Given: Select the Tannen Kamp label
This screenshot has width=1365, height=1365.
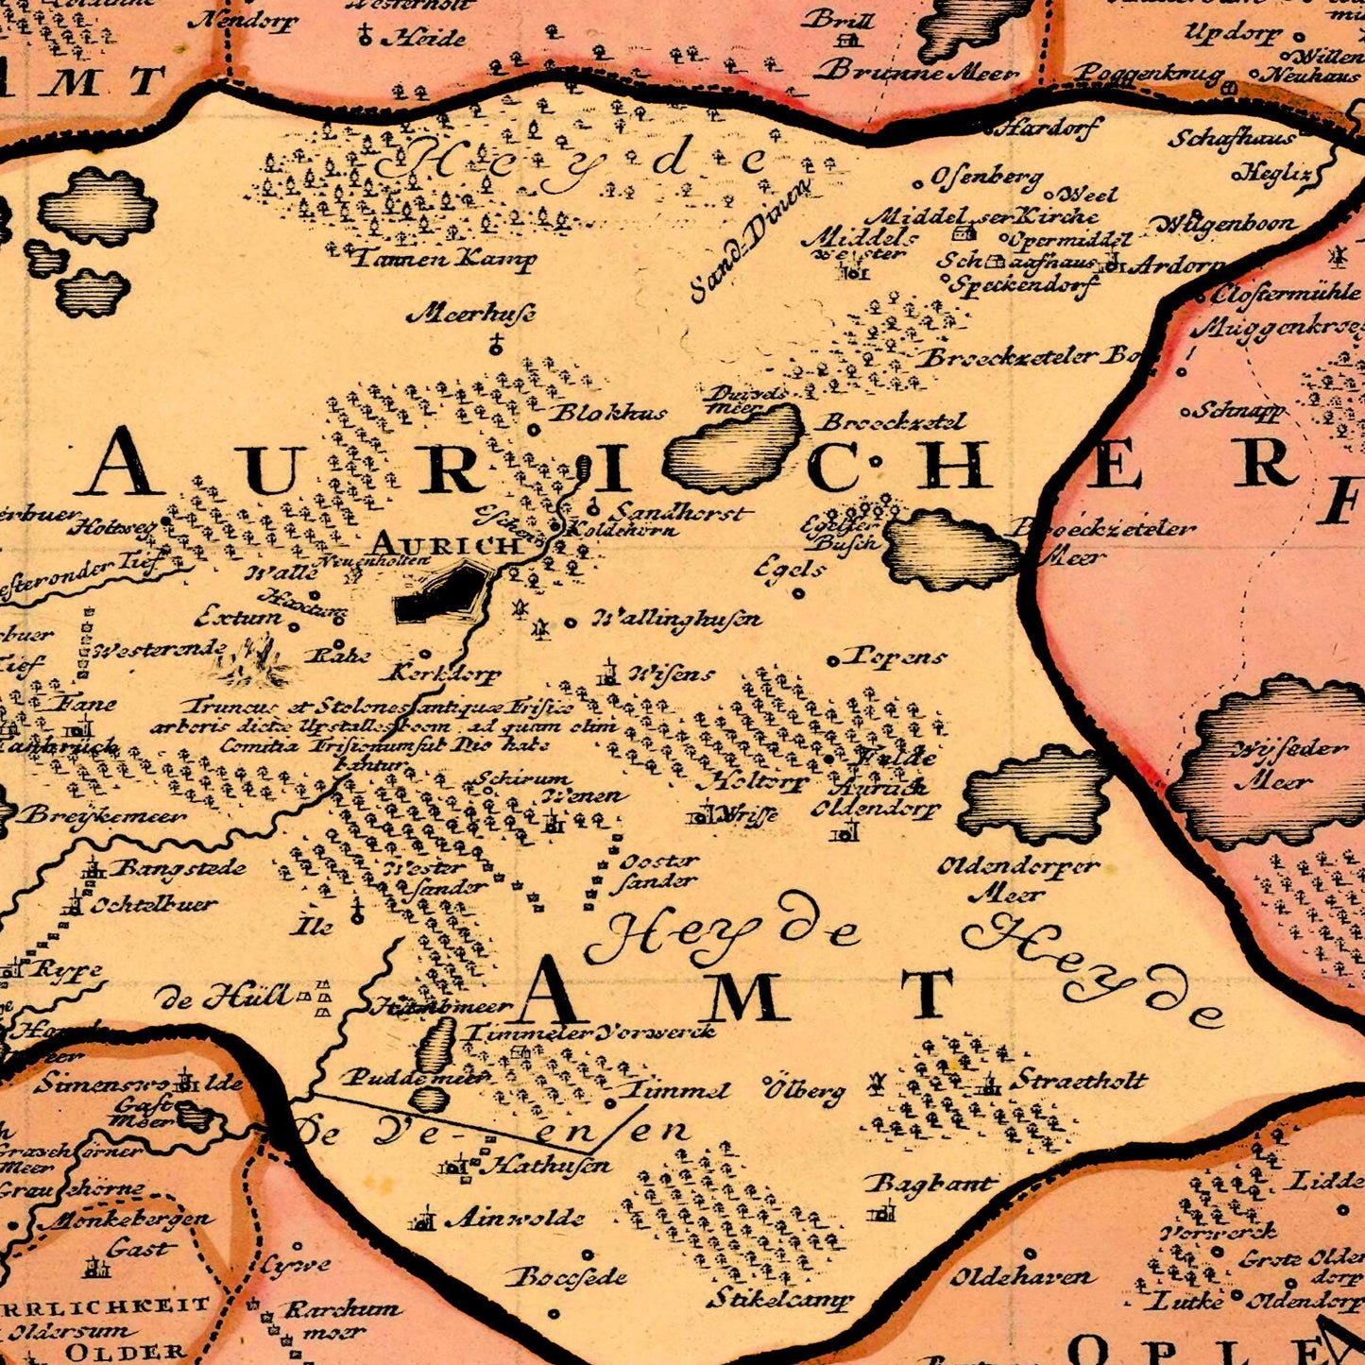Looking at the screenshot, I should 443,258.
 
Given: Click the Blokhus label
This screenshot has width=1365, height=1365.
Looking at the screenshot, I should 608,413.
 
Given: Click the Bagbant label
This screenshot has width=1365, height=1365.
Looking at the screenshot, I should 930,1184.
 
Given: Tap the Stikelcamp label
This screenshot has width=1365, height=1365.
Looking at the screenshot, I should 778,1300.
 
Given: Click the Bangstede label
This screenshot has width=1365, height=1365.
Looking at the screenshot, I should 179,868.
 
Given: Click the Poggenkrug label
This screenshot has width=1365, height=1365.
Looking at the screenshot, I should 1149,73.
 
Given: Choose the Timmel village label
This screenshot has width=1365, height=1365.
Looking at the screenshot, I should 678,1090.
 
